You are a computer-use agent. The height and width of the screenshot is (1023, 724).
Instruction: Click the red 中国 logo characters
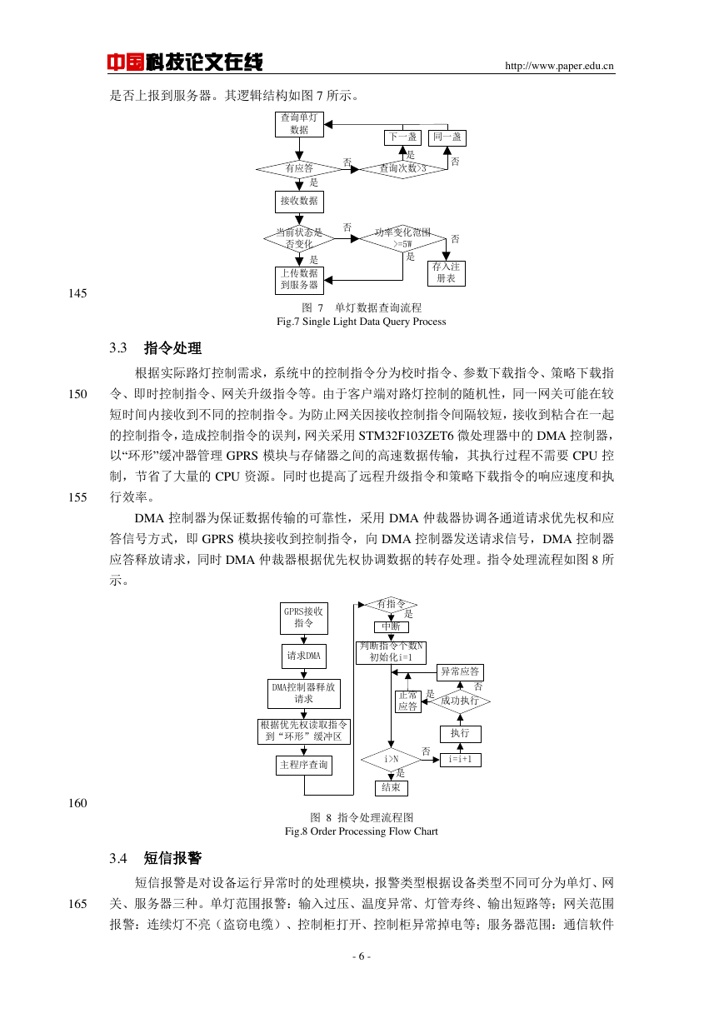point(126,62)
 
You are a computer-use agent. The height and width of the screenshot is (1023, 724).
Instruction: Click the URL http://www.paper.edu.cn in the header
point(559,66)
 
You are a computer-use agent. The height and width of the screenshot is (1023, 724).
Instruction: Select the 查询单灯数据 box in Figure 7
point(299,124)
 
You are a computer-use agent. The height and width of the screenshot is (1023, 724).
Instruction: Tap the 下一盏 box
point(402,137)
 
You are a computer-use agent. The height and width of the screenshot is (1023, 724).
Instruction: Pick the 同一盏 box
point(447,137)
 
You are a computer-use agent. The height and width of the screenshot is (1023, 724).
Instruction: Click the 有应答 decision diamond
point(299,169)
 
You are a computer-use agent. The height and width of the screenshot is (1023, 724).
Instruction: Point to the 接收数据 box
point(299,202)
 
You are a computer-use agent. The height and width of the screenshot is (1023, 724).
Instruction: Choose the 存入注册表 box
point(447,273)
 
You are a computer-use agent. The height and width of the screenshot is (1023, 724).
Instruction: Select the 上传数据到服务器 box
point(299,280)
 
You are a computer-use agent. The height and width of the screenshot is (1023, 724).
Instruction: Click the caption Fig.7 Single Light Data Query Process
point(362,322)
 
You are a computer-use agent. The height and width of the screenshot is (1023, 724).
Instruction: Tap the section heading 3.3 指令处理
point(155,348)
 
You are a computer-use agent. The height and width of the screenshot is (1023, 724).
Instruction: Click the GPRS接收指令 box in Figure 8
point(304,618)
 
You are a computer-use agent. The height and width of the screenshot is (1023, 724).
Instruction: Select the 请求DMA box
point(304,656)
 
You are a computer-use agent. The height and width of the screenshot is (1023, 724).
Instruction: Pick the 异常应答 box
point(460,672)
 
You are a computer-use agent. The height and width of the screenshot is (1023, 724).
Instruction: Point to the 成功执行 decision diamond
point(460,701)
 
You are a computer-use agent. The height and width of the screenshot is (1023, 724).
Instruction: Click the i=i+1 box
point(461,760)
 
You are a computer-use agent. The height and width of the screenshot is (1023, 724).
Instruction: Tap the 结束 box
point(391,788)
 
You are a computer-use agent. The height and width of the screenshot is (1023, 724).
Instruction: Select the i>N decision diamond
point(391,760)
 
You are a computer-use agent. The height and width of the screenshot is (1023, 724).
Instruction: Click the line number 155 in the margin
point(77,497)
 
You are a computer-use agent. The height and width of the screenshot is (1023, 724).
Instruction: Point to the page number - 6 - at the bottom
point(362,957)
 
